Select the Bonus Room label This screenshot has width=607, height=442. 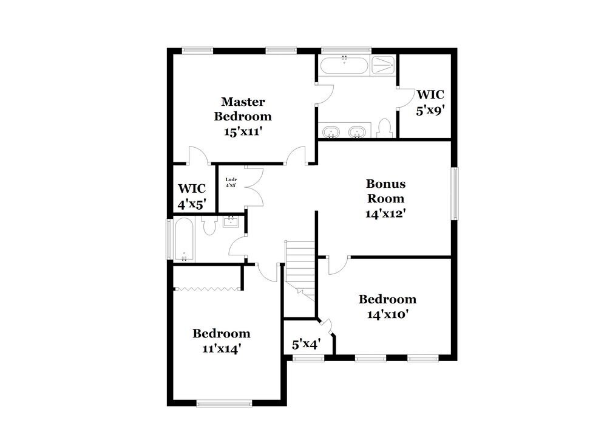pyautogui.click(x=385, y=190)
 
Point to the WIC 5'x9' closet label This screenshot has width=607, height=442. pyautogui.click(x=430, y=103)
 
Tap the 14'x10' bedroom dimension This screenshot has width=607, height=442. pyautogui.click(x=387, y=314)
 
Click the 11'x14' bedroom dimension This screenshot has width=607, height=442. pyautogui.click(x=221, y=348)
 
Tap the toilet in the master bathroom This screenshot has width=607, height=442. pyautogui.click(x=383, y=128)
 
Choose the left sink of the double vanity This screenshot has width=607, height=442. pyautogui.click(x=331, y=131)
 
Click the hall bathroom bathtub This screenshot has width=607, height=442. pyautogui.click(x=183, y=240)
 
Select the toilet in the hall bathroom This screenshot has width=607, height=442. pyautogui.click(x=209, y=226)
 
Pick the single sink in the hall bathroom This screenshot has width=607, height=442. pyautogui.click(x=231, y=222)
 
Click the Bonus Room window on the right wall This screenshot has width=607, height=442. pyautogui.click(x=454, y=193)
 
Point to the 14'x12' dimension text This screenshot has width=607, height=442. pyautogui.click(x=385, y=213)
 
